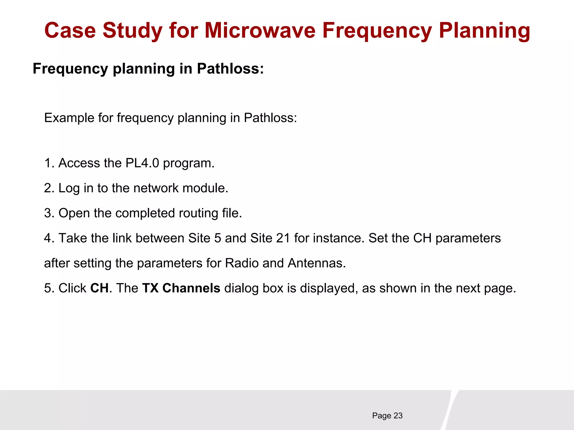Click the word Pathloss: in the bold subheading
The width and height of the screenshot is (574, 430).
coord(230,69)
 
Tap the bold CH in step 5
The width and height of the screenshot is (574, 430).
coord(99,288)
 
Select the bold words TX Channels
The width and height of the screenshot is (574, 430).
coord(181,288)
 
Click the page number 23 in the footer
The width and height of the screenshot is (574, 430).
coord(398,416)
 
